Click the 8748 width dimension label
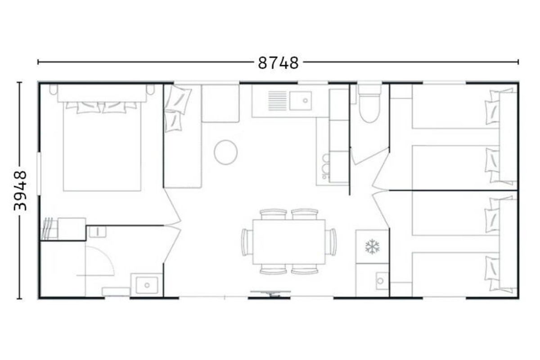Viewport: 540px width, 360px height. point(278,63)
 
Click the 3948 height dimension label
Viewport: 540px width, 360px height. point(20,191)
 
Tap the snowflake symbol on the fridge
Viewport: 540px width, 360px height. point(372,247)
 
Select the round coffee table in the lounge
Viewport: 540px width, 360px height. point(225,153)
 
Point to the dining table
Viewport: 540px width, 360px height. point(289,242)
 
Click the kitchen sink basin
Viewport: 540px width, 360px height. point(301,101)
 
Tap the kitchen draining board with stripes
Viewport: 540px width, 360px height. point(278,101)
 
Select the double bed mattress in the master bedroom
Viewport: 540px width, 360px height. point(102,146)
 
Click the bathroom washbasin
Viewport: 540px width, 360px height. point(147,285)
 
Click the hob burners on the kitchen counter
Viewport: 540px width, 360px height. point(325,166)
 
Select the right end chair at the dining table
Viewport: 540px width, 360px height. point(331,242)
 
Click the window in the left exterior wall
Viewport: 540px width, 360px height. point(39,173)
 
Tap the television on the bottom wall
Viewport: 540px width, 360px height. point(270,293)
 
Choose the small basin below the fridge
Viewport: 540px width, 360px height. point(382,281)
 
